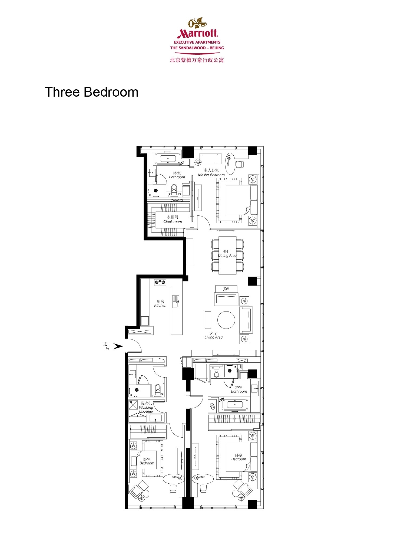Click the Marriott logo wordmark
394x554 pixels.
click(x=197, y=33)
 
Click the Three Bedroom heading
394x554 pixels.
click(x=91, y=92)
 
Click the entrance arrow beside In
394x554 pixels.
click(x=118, y=346)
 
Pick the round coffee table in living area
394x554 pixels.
click(x=226, y=320)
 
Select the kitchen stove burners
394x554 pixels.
click(x=160, y=282)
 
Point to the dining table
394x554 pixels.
click(x=227, y=255)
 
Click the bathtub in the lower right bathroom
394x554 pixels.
click(x=235, y=405)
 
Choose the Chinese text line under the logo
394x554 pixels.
click(x=197, y=60)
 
